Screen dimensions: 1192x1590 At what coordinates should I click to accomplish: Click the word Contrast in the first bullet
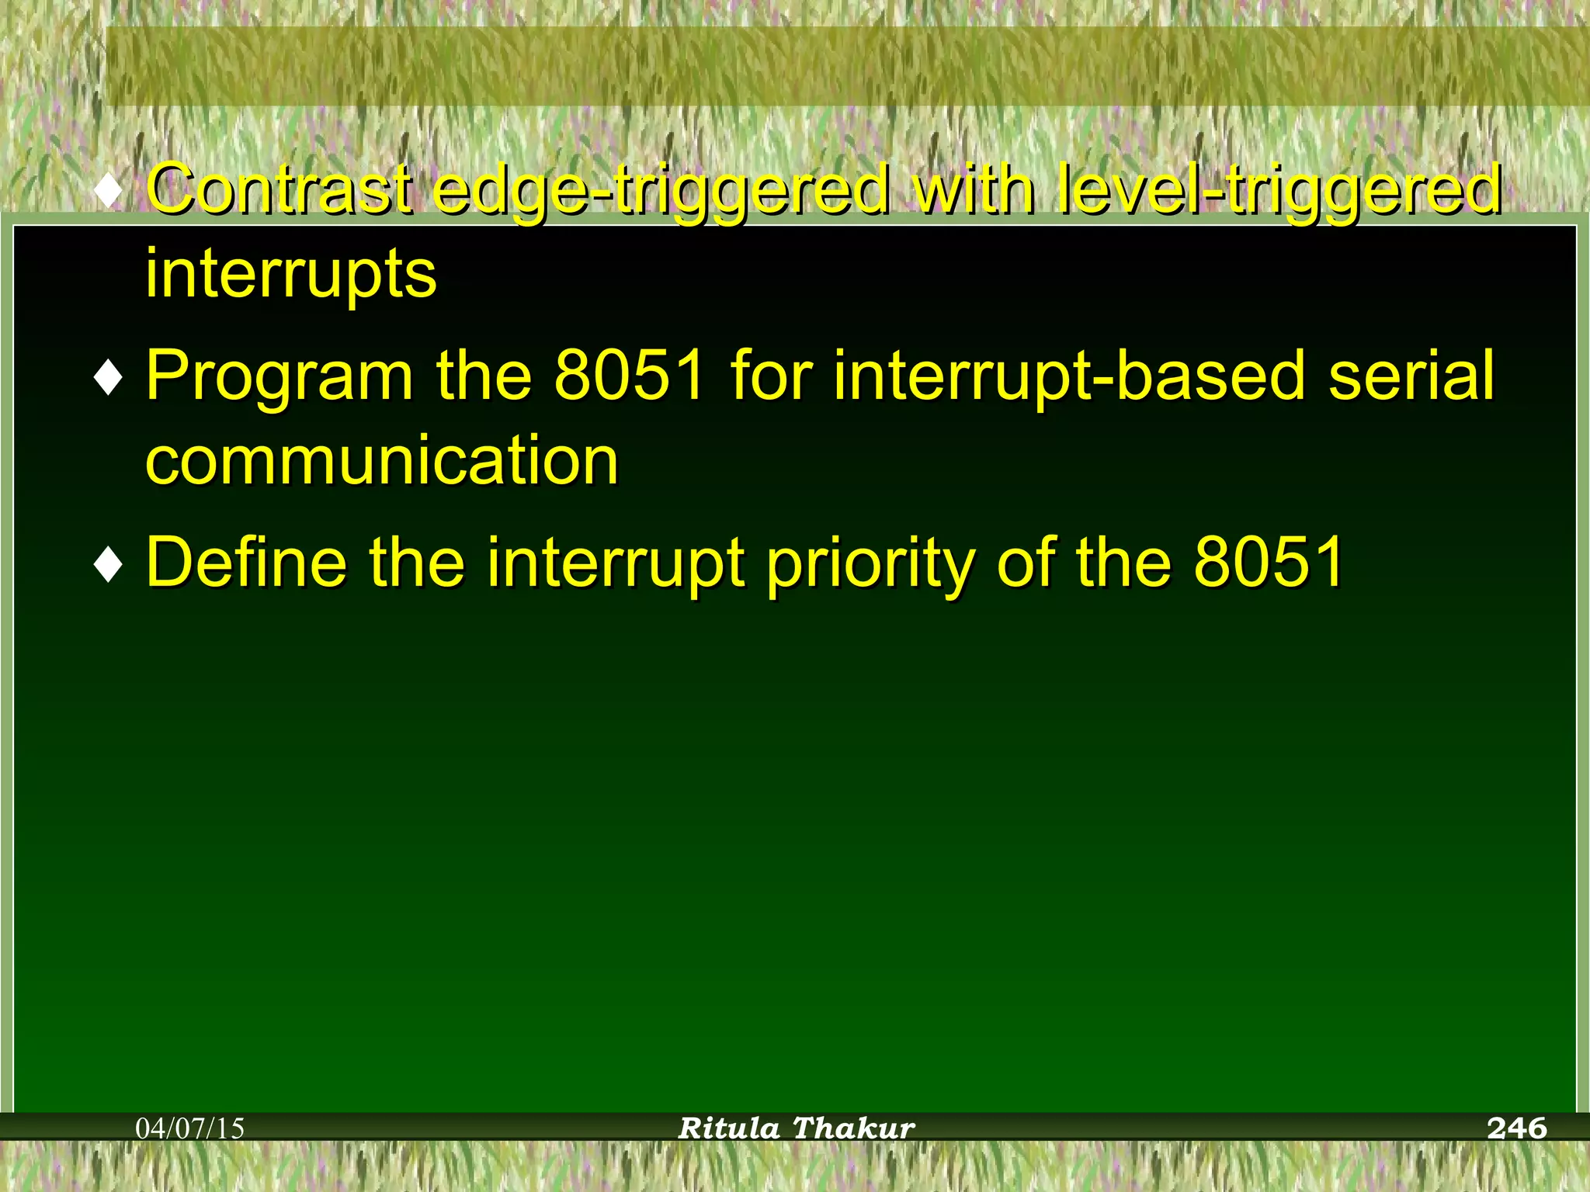click(x=278, y=189)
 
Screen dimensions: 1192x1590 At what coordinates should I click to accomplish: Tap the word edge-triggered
click(x=660, y=190)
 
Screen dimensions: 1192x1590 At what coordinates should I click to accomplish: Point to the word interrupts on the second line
click(x=291, y=274)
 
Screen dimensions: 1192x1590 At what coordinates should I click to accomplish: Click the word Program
click(x=279, y=376)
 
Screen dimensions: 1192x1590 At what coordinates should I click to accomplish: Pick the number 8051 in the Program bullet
click(x=630, y=375)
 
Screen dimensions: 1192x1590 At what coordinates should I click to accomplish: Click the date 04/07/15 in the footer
click(x=190, y=1128)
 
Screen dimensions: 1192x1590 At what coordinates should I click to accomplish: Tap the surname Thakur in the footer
click(x=854, y=1128)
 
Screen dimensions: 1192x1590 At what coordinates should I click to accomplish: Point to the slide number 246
click(x=1516, y=1128)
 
